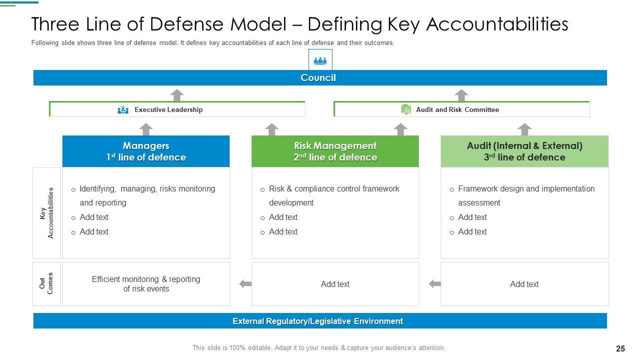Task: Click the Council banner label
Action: click(x=318, y=78)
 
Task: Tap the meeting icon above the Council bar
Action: click(x=320, y=60)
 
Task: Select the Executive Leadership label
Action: click(x=168, y=110)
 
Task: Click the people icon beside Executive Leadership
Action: click(x=123, y=110)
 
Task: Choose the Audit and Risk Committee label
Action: click(x=457, y=110)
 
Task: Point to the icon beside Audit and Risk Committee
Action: click(x=406, y=110)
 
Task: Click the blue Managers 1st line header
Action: click(x=146, y=151)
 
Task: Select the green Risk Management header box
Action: click(x=335, y=151)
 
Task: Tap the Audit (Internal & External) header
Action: click(x=524, y=151)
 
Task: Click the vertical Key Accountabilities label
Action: click(x=46, y=213)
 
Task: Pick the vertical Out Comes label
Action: click(x=46, y=283)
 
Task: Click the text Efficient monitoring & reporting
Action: click(x=146, y=279)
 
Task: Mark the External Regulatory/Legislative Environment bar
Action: click(x=318, y=321)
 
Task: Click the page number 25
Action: click(x=621, y=348)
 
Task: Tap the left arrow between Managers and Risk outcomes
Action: click(x=245, y=284)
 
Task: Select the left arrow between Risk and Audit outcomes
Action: click(x=435, y=284)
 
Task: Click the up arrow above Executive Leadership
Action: click(x=177, y=95)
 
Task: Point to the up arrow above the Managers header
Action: click(x=146, y=129)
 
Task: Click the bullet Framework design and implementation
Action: click(x=526, y=189)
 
